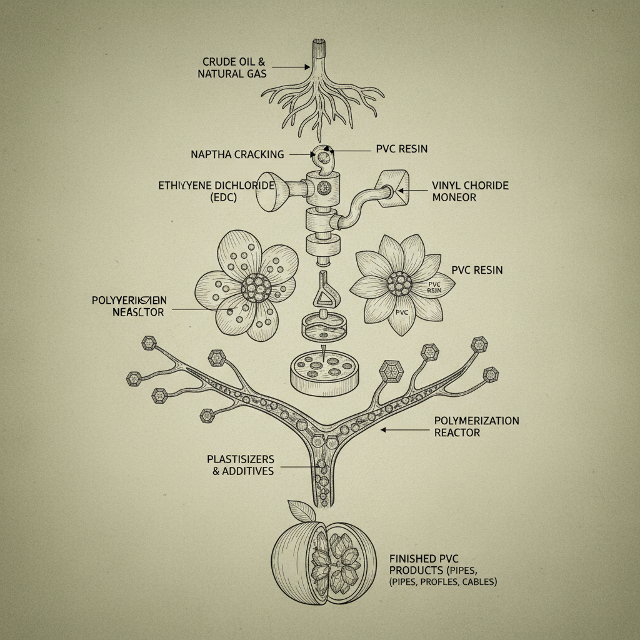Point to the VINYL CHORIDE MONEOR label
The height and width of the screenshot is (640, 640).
pos(470,191)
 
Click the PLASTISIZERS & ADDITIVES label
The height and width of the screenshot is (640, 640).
pos(240,465)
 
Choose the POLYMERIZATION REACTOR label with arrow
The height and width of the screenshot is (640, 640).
pos(476,426)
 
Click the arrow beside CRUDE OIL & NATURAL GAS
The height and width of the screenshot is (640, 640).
pos(291,66)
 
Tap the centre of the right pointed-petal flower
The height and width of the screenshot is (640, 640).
pos(399,284)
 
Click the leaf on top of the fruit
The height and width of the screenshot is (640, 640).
pos(302,511)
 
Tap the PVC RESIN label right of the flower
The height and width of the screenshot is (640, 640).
pos(477,271)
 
